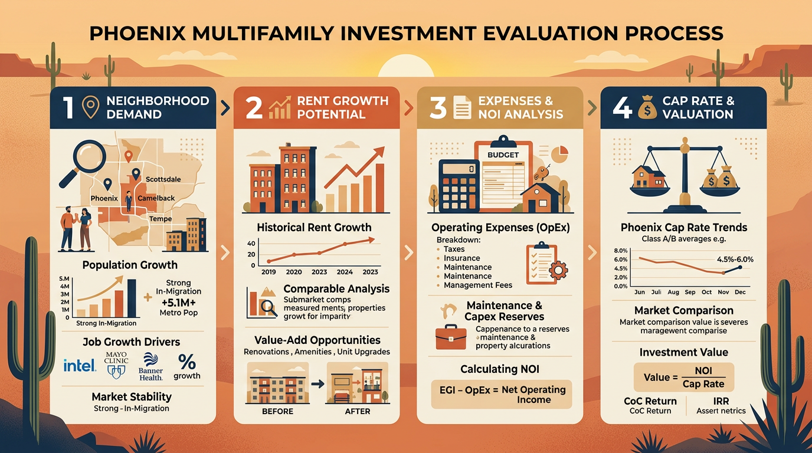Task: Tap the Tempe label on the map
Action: click(x=161, y=219)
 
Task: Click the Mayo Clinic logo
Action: click(x=116, y=365)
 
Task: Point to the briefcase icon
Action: click(x=451, y=336)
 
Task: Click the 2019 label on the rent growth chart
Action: click(x=268, y=272)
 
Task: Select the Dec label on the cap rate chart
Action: click(x=741, y=292)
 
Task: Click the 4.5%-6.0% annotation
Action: click(x=735, y=259)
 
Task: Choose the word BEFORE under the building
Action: click(x=278, y=411)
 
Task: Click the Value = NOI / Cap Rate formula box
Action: click(x=684, y=377)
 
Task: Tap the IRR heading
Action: click(x=721, y=401)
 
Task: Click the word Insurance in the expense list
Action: click(x=462, y=258)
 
